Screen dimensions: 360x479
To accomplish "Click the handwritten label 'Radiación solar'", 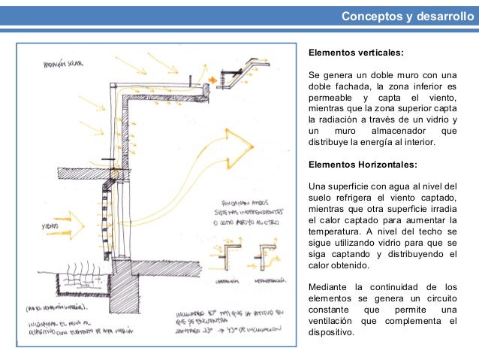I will pos(64,64).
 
